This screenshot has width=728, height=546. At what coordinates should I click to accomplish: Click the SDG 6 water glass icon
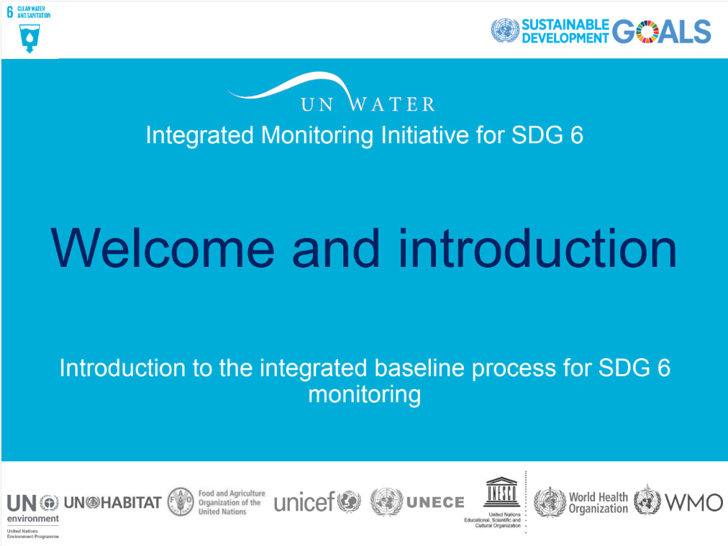pos(29,38)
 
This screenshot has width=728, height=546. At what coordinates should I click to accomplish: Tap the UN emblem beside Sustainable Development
pos(505,31)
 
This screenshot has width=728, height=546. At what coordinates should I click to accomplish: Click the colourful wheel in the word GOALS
pos(647,32)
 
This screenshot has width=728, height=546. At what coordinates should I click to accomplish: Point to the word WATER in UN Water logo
pos(393,104)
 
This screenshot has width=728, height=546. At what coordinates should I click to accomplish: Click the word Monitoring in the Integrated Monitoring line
pos(317,135)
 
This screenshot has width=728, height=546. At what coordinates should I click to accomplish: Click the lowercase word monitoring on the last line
pos(365,395)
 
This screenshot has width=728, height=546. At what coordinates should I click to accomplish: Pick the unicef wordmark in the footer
pos(304,502)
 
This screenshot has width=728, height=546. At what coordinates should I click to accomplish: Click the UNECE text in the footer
pos(435,502)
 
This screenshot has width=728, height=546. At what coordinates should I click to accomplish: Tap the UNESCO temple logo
pos(501,491)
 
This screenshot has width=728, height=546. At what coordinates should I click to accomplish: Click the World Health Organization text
pos(598,503)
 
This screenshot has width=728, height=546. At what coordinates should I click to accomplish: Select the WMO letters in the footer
pos(693,502)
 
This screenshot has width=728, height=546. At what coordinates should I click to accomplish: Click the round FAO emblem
pos(181,502)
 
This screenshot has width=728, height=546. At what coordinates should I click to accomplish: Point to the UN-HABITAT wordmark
pos(112,502)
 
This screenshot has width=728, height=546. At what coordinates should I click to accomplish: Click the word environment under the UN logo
pos(33,518)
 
